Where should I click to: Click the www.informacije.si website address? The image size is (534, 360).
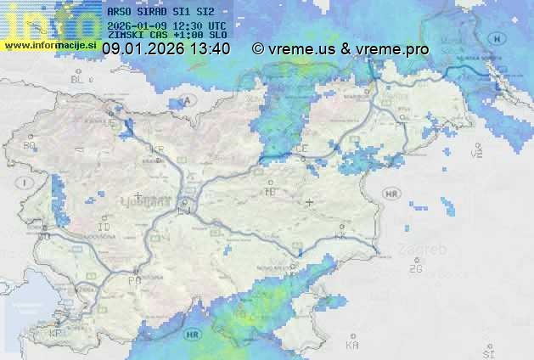click(49, 44)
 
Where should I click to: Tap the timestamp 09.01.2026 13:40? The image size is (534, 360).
click(166, 49)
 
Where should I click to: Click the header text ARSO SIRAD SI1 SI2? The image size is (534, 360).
click(160, 13)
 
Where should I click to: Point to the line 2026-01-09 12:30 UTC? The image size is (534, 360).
click(160, 25)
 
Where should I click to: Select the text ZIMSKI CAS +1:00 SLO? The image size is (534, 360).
click(160, 36)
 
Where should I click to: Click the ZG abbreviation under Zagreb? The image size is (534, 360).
click(415, 269)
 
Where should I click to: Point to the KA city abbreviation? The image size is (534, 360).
click(352, 346)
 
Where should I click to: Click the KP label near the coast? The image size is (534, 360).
click(56, 334)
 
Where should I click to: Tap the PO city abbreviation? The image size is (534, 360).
click(133, 279)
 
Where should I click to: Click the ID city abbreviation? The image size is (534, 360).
click(104, 228)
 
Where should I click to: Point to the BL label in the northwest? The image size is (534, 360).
click(79, 78)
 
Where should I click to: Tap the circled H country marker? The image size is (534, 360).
click(495, 38)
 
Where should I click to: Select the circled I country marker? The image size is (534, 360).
click(26, 183)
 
